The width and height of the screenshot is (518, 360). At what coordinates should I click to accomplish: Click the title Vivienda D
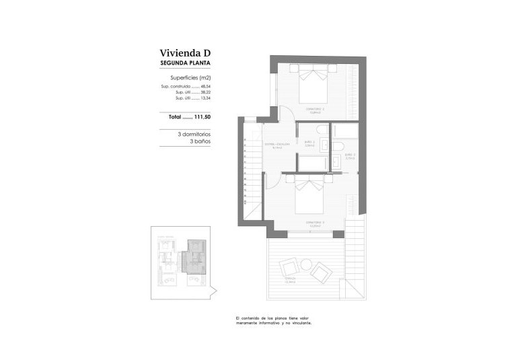186,52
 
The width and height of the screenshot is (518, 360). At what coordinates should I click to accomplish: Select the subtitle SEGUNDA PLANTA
186,63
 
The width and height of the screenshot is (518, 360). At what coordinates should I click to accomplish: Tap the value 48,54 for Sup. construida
206,87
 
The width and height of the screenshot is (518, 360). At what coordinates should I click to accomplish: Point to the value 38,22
206,92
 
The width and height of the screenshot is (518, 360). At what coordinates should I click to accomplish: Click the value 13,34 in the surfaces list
206,98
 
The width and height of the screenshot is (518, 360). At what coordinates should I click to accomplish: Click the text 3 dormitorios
194,134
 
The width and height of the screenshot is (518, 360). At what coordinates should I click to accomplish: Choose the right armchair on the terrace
322,271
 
